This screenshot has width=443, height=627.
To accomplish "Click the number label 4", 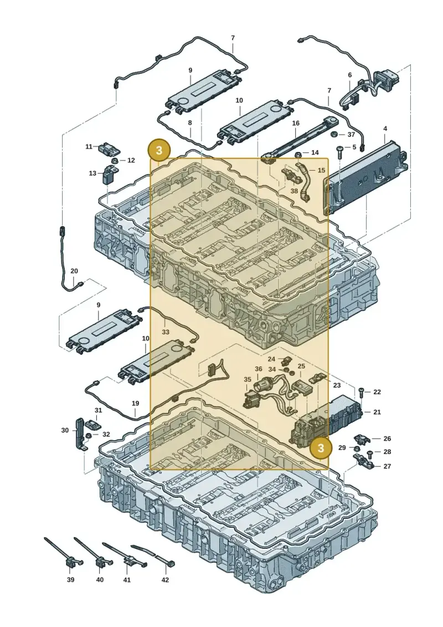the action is point(385,129).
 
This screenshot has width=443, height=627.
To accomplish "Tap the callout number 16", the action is point(296,123).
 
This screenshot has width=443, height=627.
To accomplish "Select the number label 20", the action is point(74,271).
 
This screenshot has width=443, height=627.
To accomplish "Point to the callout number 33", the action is point(166,332).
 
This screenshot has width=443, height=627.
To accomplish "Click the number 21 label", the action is point(377,412).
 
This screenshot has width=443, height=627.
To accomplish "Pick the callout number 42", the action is point(165,580).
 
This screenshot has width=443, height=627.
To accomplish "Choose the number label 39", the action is point(70,580).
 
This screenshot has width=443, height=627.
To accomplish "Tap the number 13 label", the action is point(92,173).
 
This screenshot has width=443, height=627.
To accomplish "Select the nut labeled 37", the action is point(336,134).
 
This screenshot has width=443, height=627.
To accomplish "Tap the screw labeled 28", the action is point(369,453).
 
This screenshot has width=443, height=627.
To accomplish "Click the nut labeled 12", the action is point(114,161).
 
